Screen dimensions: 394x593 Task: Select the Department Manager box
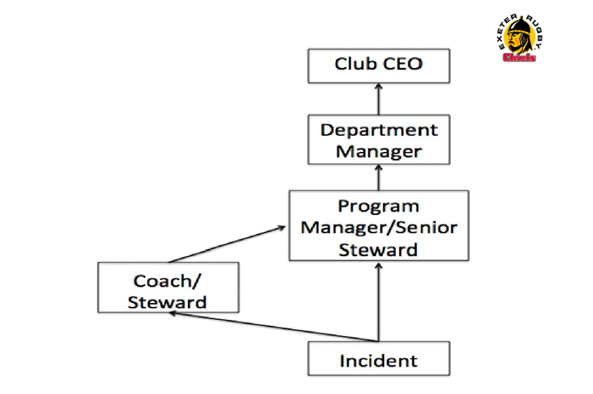pyautogui.click(x=378, y=140)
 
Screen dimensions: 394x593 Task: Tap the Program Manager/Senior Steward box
pyautogui.click(x=378, y=225)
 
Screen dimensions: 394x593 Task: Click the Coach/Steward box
pyautogui.click(x=168, y=288)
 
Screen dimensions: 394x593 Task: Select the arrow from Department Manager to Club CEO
pyautogui.click(x=378, y=99)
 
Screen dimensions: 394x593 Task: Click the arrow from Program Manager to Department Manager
pyautogui.click(x=378, y=177)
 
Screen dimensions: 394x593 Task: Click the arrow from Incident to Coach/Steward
pyautogui.click(x=272, y=327)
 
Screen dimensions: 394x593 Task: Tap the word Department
pyautogui.click(x=379, y=130)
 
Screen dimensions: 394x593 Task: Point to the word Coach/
pyautogui.click(x=167, y=280)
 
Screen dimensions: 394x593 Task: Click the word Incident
pyautogui.click(x=378, y=360)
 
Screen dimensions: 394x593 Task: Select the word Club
pyautogui.click(x=354, y=64)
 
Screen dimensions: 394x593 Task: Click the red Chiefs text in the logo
pyautogui.click(x=519, y=58)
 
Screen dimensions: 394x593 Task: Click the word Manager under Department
pyautogui.click(x=379, y=151)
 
